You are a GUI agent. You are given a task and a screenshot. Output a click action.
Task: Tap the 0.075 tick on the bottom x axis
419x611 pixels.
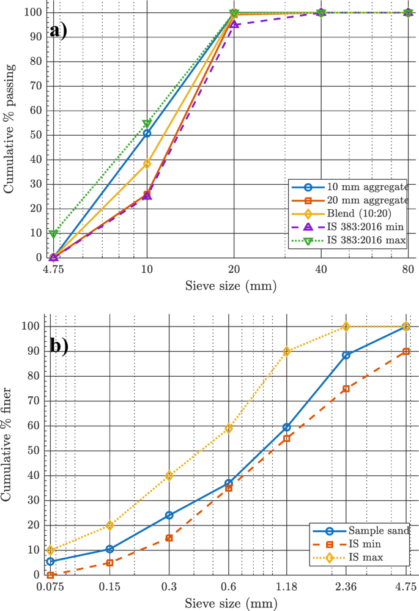click(51, 587)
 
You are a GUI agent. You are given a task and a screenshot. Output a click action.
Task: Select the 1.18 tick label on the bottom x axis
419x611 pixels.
click(286, 587)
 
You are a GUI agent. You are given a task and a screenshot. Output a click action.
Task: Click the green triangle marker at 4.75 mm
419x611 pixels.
click(54, 234)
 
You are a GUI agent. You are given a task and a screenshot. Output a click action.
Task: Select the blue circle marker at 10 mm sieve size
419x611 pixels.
click(147, 133)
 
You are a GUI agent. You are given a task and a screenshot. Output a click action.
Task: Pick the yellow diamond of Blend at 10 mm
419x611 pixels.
click(147, 163)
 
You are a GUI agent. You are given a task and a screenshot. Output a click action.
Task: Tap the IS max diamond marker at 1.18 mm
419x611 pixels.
click(286, 352)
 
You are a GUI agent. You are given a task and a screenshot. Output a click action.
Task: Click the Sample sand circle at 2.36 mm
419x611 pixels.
click(346, 355)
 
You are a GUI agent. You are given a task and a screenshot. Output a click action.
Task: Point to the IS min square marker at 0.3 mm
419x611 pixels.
click(169, 538)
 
